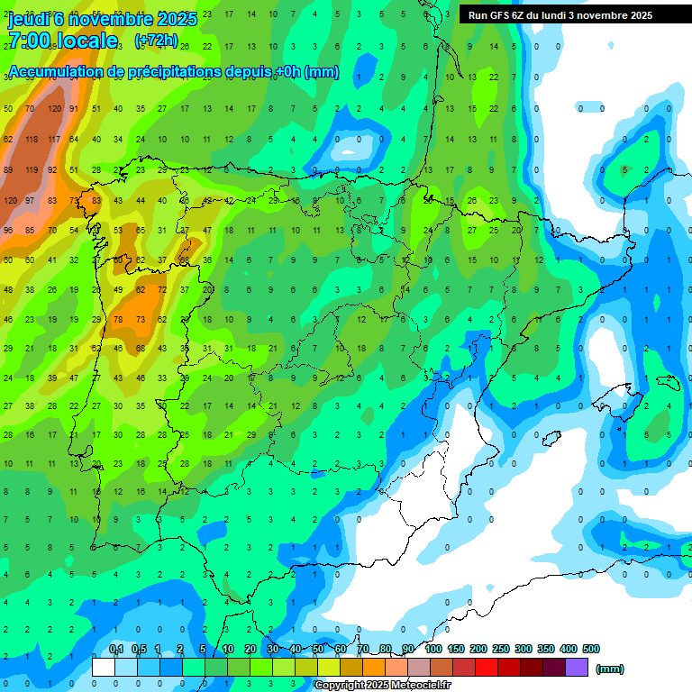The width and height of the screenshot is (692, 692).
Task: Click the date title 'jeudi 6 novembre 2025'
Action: click(102, 19)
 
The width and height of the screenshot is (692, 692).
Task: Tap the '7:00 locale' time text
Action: click(63, 41)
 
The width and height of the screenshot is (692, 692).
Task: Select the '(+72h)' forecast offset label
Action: click(156, 41)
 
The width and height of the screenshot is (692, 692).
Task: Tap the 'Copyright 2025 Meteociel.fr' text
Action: click(382, 685)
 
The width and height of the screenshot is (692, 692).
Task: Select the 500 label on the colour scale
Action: click(591, 649)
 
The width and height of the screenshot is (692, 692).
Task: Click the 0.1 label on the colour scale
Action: click(115, 649)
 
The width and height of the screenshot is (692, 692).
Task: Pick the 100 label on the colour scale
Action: click(433, 649)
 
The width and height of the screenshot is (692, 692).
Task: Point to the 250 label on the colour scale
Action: click(501, 649)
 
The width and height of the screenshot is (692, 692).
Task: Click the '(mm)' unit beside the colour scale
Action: click(610, 669)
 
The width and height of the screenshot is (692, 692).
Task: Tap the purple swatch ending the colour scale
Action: click(577, 668)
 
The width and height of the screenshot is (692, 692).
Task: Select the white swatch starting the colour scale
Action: click(104, 668)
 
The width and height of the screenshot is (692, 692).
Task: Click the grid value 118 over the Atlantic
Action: click(32, 140)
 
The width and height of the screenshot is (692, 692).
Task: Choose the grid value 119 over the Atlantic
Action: click(32, 169)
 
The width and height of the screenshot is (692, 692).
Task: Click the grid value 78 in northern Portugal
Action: click(118, 320)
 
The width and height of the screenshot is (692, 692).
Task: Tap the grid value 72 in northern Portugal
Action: click(162, 290)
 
